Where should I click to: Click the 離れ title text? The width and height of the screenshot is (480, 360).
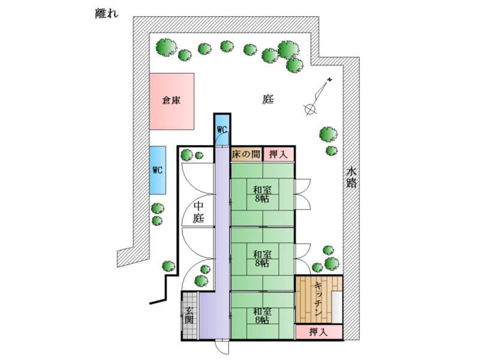[x=106, y=14]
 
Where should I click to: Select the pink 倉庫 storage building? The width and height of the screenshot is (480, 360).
[x=172, y=101]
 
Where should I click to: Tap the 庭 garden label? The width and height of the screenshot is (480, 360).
[x=268, y=100]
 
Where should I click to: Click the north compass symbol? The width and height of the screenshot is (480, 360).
[x=317, y=97]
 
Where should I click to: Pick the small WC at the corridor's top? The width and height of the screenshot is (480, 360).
[x=221, y=130]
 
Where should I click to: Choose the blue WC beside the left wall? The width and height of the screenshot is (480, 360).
[x=158, y=170]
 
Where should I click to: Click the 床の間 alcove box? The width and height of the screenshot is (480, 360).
[x=246, y=154]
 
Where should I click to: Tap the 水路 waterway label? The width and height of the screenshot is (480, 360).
[x=352, y=178]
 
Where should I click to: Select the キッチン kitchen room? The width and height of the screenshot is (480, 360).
[x=318, y=299]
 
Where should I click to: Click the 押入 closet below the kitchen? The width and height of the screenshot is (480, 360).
[x=318, y=332]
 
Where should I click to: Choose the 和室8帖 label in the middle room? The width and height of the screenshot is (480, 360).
[x=262, y=257]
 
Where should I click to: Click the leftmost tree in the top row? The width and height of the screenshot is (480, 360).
[x=166, y=46]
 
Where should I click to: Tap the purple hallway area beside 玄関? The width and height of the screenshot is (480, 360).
[x=214, y=316]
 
